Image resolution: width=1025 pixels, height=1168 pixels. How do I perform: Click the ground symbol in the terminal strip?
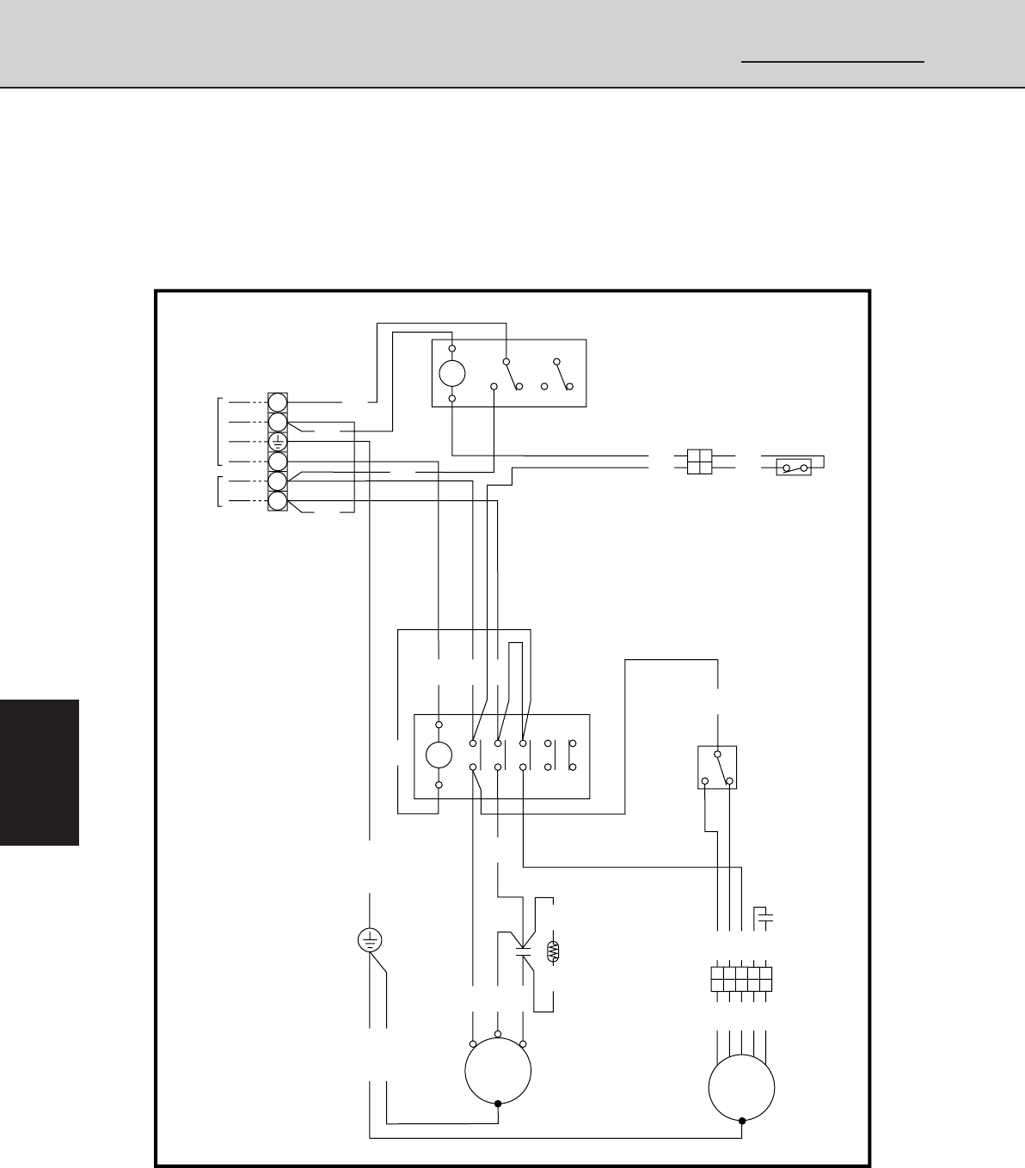277,443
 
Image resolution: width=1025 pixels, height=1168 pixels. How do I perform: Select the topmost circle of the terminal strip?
277,402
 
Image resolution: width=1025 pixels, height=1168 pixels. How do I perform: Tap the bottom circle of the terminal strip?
277,502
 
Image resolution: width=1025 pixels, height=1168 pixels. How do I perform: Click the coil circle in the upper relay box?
452,373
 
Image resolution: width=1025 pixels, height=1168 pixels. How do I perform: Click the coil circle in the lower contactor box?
439,755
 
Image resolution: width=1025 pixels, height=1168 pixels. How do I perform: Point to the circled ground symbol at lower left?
370,940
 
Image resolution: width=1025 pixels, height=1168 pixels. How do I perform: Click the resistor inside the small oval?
553,951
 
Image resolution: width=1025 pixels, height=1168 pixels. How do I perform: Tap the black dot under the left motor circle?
498,1104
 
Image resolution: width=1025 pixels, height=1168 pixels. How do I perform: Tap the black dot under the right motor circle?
741,1121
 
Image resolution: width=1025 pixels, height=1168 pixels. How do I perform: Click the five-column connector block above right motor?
741,979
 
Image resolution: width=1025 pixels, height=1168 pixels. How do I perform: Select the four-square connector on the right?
700,462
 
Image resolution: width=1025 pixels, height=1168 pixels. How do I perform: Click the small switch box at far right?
794,468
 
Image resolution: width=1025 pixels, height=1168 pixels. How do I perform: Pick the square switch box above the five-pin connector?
716,767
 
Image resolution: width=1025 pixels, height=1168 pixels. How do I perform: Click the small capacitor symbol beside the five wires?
764,919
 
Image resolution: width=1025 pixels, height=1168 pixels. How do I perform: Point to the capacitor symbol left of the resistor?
522,951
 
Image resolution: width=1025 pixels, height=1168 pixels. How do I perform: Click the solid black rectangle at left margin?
40,772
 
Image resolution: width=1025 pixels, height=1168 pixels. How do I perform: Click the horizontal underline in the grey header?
832,62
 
